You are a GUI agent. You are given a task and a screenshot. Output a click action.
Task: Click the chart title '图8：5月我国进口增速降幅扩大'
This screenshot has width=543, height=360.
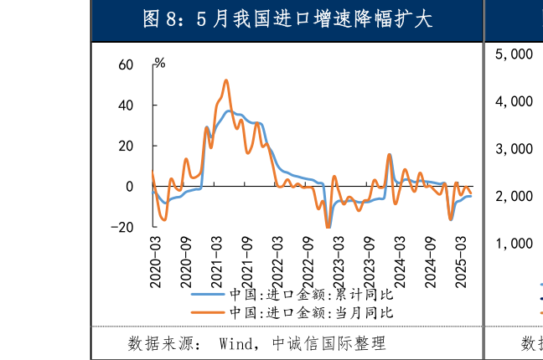click(x=287, y=19)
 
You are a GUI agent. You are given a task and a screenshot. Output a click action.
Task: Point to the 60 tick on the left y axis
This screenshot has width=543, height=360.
click(x=126, y=65)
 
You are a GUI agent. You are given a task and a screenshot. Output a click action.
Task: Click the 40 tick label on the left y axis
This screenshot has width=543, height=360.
click(x=126, y=105)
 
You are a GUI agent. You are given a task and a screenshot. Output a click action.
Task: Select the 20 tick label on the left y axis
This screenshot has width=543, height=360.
click(x=126, y=146)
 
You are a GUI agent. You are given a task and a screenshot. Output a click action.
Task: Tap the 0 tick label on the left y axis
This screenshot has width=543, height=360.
click(x=130, y=187)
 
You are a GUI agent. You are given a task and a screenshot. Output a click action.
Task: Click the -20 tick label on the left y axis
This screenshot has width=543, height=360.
click(x=123, y=227)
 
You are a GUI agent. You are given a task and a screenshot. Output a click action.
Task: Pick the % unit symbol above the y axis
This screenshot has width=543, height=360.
click(x=159, y=64)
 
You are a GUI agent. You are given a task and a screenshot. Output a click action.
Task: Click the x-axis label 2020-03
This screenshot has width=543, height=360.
click(x=155, y=261)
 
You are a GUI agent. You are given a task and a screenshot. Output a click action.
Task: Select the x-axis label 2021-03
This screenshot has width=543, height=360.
click(x=216, y=261)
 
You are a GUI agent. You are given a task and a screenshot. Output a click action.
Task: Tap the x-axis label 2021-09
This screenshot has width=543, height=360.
click(x=247, y=261)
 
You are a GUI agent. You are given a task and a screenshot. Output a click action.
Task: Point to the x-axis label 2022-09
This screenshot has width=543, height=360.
click(x=308, y=261)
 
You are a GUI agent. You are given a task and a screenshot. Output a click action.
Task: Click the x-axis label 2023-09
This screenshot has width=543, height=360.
click(x=370, y=261)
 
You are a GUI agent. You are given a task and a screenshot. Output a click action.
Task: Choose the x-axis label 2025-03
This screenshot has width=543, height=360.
click(x=461, y=261)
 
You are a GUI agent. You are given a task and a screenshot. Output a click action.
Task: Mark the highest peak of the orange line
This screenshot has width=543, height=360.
click(x=226, y=80)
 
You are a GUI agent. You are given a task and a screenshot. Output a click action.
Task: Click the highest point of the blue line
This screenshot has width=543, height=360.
click(x=229, y=111)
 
